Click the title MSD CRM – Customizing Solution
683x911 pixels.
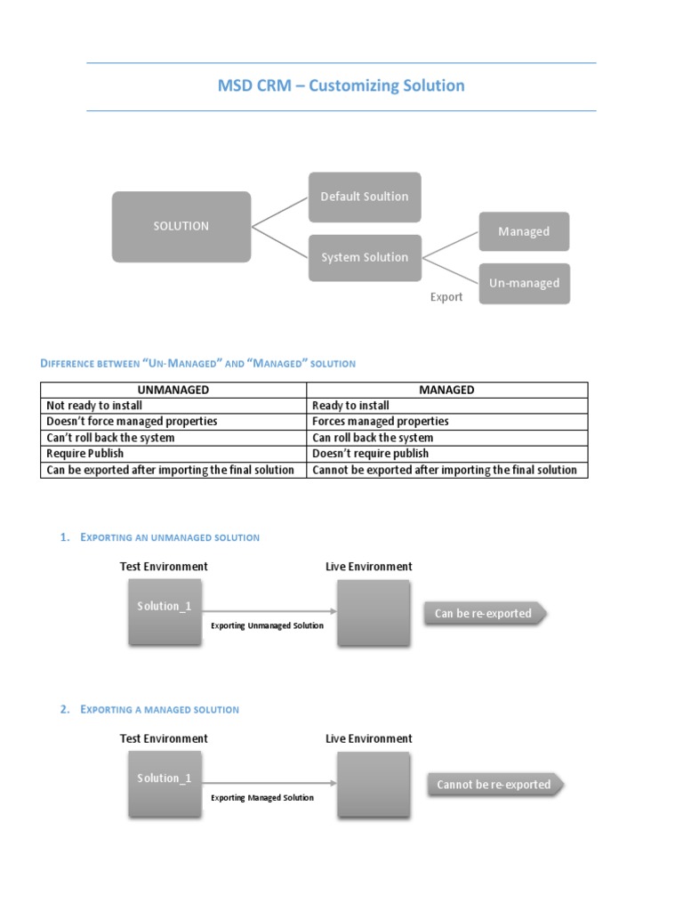coord(341,86)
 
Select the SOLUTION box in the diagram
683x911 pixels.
coord(181,227)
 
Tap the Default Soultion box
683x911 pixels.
coord(365,197)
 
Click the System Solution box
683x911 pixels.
coord(365,258)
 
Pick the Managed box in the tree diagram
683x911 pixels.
coord(524,232)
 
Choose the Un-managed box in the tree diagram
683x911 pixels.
coord(524,284)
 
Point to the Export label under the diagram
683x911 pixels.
coord(446,297)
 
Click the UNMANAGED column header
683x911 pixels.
coord(173,390)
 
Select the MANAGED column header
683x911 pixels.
coord(446,390)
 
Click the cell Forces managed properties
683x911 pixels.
coord(381,422)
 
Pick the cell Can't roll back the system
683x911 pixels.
coord(110,438)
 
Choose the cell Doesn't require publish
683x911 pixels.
coord(370,454)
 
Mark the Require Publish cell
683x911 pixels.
coord(85,454)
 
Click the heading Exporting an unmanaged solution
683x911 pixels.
coord(170,537)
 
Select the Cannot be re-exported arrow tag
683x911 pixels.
coord(494,786)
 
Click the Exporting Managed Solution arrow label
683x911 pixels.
coord(262,798)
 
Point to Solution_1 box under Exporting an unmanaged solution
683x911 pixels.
coord(165,611)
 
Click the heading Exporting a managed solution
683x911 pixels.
coord(160,709)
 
